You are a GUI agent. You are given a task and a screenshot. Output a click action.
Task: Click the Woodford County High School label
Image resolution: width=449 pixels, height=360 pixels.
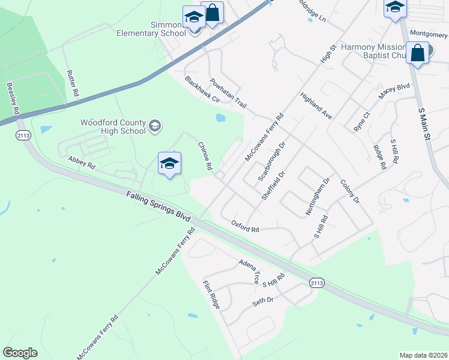pyautogui.click(x=113, y=127)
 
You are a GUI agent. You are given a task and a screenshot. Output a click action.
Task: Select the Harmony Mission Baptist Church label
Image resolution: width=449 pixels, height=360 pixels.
pyautogui.click(x=374, y=52)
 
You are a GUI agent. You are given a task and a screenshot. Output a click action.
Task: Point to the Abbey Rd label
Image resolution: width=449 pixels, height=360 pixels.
pyautogui.click(x=82, y=161)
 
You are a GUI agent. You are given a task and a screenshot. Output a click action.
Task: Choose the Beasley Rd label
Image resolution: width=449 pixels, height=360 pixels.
pyautogui.click(x=13, y=100)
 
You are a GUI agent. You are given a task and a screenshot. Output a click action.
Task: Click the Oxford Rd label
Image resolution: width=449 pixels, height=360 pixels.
pyautogui.click(x=245, y=226)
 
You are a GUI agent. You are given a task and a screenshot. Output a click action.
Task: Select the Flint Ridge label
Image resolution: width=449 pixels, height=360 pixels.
pyautogui.click(x=211, y=295)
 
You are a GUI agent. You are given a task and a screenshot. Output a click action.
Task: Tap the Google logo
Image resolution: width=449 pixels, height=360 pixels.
pyautogui.click(x=20, y=353)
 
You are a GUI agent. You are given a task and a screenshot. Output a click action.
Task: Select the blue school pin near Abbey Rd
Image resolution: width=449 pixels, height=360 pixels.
pyautogui.click(x=170, y=164)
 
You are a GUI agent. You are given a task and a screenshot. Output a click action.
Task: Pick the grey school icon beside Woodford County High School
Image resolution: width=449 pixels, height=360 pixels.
pyautogui.click(x=155, y=125)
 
